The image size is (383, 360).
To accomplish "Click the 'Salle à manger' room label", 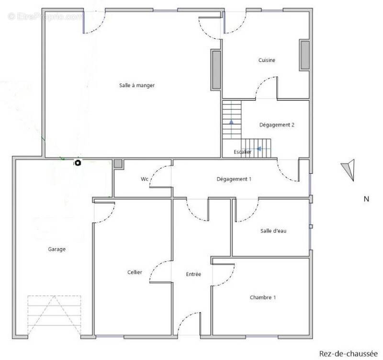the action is click(x=137, y=85).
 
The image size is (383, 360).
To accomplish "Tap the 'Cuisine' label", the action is click(x=267, y=60).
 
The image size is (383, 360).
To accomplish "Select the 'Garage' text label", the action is click(x=56, y=249).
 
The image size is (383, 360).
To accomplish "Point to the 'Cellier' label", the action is click(x=135, y=272).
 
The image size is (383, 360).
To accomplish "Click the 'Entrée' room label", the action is click(x=193, y=274).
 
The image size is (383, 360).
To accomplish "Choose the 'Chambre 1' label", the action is click(x=263, y=297).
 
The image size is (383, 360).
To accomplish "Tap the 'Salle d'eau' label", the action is click(x=273, y=231).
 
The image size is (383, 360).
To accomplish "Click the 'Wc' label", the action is click(x=145, y=179).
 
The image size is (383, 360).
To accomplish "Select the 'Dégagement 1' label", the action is click(x=234, y=179).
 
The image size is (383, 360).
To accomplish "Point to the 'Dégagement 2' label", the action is click(x=277, y=125).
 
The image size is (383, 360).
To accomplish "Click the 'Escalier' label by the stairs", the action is click(x=242, y=152).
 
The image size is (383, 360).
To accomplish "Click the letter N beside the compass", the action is click(x=366, y=199).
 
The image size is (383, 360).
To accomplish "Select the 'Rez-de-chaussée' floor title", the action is click(x=349, y=354).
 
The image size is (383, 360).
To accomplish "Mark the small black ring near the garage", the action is click(x=78, y=163).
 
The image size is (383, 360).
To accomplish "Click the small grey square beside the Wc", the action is click(x=118, y=163).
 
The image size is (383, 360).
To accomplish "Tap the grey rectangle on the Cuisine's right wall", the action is click(x=305, y=55).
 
